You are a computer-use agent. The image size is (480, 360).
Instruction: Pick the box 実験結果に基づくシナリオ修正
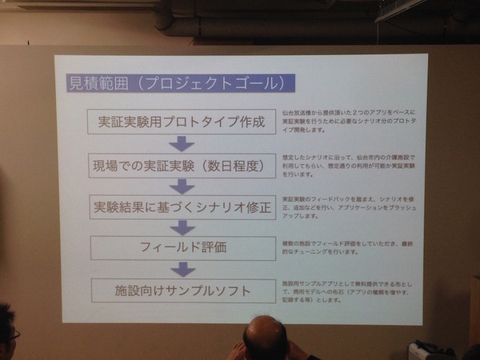182,206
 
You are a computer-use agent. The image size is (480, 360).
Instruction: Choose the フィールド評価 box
183,247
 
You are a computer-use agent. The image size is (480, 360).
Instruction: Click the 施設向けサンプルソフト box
184,288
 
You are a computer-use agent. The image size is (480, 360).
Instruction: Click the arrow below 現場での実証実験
182,186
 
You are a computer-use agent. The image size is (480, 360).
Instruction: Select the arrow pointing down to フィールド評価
183,227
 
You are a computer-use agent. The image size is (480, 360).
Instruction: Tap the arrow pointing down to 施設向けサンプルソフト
184,268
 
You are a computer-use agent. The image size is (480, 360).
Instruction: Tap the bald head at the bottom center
265,338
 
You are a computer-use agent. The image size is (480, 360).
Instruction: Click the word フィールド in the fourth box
166,247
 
